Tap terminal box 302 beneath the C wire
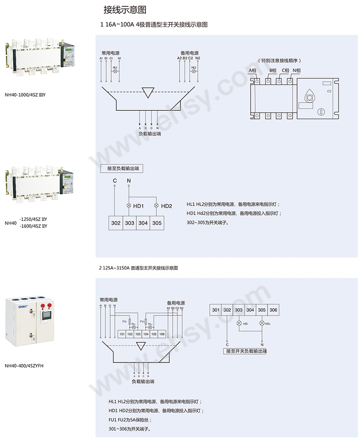tap(116, 223)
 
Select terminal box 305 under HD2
tap(157, 223)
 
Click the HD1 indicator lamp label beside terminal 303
tap(139, 206)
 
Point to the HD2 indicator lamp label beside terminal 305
tap(166, 206)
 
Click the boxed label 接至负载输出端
tap(122, 169)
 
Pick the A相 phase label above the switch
tap(252, 71)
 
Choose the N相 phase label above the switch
tap(297, 71)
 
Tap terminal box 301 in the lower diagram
tap(216, 310)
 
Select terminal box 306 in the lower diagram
tap(273, 310)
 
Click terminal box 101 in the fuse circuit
tap(122, 334)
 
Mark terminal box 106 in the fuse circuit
tap(162, 334)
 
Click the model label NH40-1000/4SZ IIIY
tap(26, 95)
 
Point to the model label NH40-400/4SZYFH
tap(24, 365)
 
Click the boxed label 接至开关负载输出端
tap(245, 351)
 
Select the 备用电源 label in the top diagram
tap(189, 53)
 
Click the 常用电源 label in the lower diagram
tap(108, 300)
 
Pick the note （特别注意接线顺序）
tap(280, 60)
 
